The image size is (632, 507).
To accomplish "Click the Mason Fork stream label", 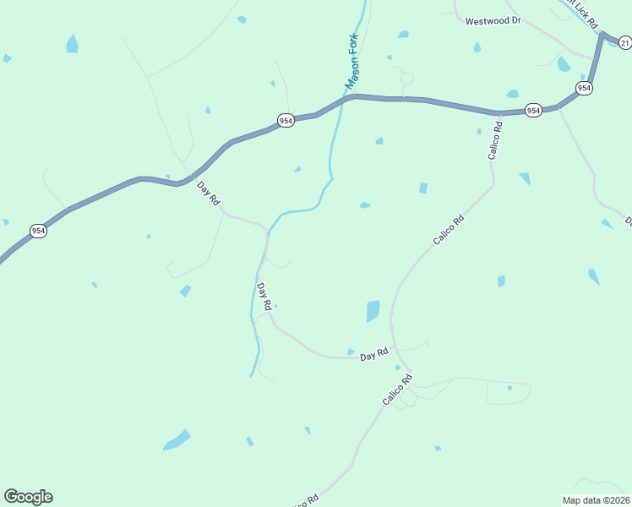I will [x=352, y=62].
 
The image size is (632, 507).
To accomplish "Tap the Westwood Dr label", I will [x=493, y=20].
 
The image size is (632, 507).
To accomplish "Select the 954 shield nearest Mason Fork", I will [x=286, y=121].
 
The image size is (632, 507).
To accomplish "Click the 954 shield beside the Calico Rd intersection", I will [x=532, y=111].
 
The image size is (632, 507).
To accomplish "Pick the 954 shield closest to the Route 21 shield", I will [x=583, y=88].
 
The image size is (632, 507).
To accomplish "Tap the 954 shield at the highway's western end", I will [x=38, y=231].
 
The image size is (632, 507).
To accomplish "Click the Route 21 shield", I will [x=625, y=42].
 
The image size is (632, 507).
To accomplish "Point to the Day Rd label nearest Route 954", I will [x=208, y=193].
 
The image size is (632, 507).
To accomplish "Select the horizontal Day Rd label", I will [x=373, y=356].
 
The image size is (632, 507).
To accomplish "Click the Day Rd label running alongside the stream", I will [x=264, y=296].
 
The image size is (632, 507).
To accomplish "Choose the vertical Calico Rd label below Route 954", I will [x=494, y=141].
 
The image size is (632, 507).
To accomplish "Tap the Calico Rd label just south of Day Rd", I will [x=396, y=390].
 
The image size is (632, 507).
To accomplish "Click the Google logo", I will [x=28, y=497].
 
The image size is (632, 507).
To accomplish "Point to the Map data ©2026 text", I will [x=597, y=500].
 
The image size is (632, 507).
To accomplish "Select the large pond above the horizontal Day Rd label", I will [x=373, y=311].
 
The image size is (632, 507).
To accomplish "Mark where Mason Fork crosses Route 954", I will [x=346, y=98].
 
